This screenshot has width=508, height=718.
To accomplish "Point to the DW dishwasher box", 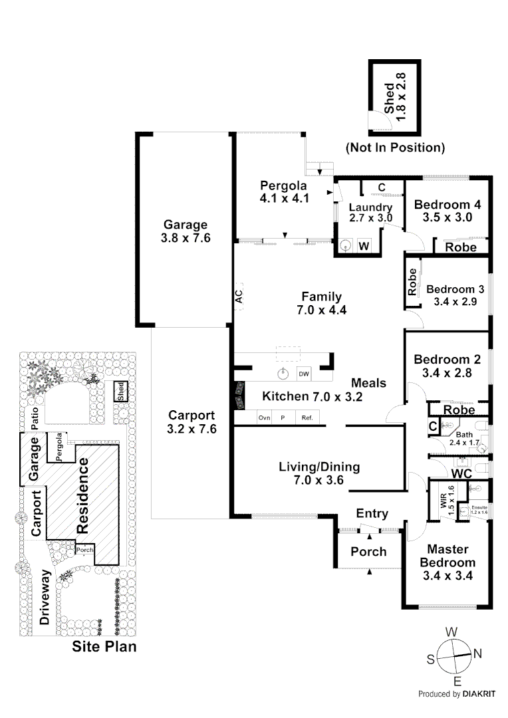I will (304, 374).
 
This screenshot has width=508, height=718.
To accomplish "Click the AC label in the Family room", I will (239, 297).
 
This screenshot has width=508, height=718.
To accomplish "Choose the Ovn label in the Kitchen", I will (264, 418).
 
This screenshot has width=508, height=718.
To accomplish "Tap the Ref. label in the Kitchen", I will (307, 418).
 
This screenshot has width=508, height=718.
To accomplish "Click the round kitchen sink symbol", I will (284, 373).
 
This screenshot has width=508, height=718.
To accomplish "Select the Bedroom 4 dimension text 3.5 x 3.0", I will (447, 217).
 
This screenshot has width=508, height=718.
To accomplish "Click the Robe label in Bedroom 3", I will (413, 282).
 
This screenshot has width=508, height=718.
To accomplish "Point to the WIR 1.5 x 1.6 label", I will (447, 497).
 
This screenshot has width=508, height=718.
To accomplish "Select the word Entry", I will (372, 513).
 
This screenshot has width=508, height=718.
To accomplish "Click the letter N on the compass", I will (477, 654).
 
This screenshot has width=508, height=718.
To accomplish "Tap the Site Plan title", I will (104, 646).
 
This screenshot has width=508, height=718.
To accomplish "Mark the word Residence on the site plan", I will (84, 495).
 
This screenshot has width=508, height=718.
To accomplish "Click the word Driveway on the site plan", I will (45, 596).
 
